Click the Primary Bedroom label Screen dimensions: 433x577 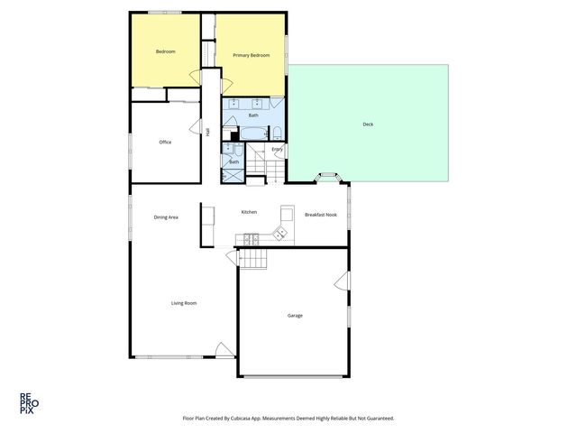pos(252,56)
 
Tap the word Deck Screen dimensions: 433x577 pos(367,124)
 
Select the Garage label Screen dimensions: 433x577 pos(295,316)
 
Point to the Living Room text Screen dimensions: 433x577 pos(184,303)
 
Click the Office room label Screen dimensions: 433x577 pos(165,142)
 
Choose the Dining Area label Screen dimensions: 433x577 pos(166,216)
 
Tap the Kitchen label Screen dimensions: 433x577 pos(249,212)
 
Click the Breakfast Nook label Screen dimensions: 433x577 pos(321,215)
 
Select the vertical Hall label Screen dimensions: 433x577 pos(208,133)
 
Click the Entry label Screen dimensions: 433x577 pos(277,149)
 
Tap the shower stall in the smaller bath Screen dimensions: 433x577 pos(233,172)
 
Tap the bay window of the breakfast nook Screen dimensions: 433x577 pos(325,176)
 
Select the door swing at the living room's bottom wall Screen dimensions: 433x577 pos(222,348)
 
